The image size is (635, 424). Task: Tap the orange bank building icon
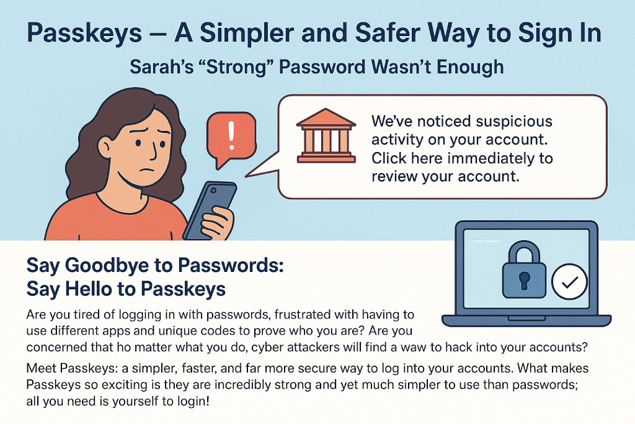(326, 135)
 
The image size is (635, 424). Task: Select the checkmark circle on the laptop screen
(569, 281)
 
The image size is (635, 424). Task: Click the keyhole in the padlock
(525, 280)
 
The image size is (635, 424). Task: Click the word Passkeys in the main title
(84, 34)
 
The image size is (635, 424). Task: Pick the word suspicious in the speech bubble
(513, 121)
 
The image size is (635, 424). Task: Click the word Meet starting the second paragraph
(42, 368)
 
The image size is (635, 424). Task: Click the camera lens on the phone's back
(213, 189)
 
